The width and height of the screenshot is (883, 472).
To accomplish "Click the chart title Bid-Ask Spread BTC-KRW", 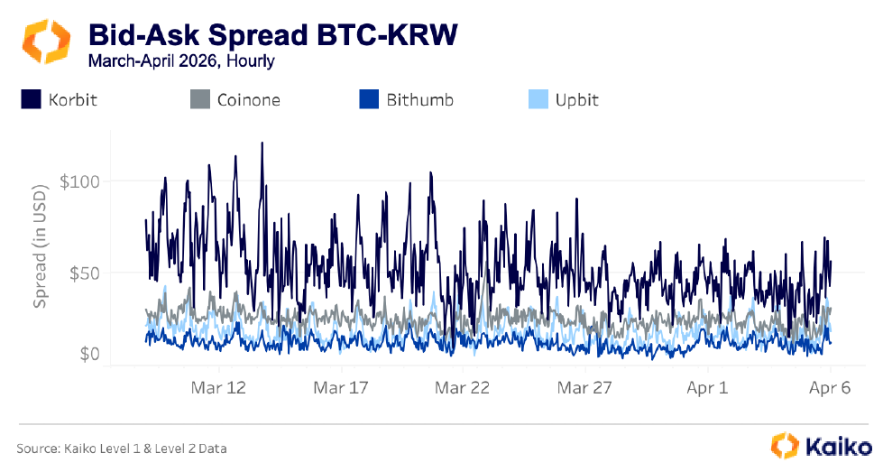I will [272, 35].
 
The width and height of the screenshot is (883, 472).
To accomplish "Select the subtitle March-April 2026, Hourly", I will [181, 61].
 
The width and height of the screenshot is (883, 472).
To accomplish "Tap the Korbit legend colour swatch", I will [32, 99].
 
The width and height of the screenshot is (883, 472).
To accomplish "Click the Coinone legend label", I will [248, 99].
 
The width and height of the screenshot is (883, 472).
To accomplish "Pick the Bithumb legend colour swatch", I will [368, 99].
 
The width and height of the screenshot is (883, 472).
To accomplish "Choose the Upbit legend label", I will [576, 99].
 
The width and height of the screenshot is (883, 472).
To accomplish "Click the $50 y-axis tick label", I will [79, 273].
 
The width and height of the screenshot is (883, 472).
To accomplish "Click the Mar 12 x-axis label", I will [219, 388].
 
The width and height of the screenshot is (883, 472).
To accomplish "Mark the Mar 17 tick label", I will [341, 388].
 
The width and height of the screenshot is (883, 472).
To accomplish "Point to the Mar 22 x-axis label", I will [463, 388].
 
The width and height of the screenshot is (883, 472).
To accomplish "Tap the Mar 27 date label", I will [584, 388].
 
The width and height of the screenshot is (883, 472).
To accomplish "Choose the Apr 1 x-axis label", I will [707, 388].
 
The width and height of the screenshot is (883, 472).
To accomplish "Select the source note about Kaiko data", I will [122, 448].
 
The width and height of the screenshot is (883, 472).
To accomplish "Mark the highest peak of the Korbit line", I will [262, 143].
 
